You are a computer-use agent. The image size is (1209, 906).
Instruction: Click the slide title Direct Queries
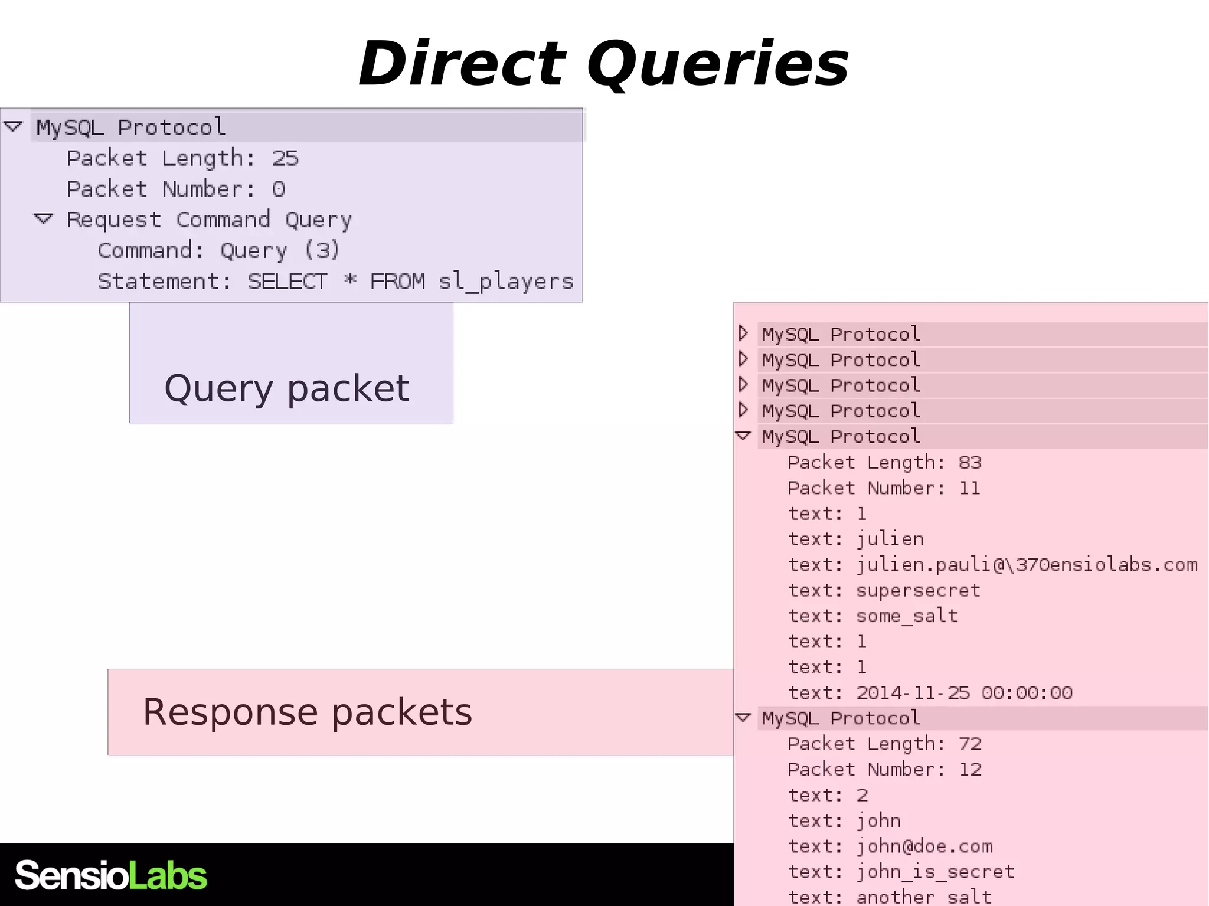pyautogui.click(x=603, y=64)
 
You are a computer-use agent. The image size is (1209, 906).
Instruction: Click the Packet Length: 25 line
pyautogui.click(x=182, y=158)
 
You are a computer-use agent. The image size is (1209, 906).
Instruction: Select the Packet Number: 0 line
pyautogui.click(x=176, y=189)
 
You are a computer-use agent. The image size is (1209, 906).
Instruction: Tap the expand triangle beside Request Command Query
pyautogui.click(x=44, y=219)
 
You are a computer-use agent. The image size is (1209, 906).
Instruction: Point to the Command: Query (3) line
pyautogui.click(x=219, y=250)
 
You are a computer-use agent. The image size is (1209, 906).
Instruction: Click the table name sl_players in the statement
pyautogui.click(x=506, y=282)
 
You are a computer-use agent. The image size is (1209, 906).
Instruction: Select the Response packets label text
pyautogui.click(x=308, y=711)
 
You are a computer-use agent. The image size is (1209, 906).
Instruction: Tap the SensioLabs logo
pyautogui.click(x=111, y=875)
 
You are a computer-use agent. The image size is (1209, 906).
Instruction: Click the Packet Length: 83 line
pyautogui.click(x=884, y=462)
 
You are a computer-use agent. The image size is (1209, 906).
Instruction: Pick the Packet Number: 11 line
pyautogui.click(x=884, y=488)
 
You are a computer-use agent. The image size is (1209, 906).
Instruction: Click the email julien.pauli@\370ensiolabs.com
pyautogui.click(x=1027, y=565)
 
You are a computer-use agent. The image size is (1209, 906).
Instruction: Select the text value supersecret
pyautogui.click(x=918, y=590)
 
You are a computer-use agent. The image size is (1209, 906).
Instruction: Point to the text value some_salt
pyautogui.click(x=907, y=616)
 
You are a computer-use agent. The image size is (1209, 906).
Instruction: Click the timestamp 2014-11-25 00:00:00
pyautogui.click(x=964, y=692)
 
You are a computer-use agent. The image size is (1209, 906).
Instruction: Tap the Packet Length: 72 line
pyautogui.click(x=884, y=744)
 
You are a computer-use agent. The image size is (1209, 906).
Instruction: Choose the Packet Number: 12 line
pyautogui.click(x=884, y=769)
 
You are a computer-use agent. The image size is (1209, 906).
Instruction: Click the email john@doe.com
pyautogui.click(x=924, y=846)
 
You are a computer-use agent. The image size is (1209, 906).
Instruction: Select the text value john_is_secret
pyautogui.click(x=935, y=872)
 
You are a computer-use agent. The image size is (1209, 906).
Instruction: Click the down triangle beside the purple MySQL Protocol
pyautogui.click(x=13, y=126)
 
